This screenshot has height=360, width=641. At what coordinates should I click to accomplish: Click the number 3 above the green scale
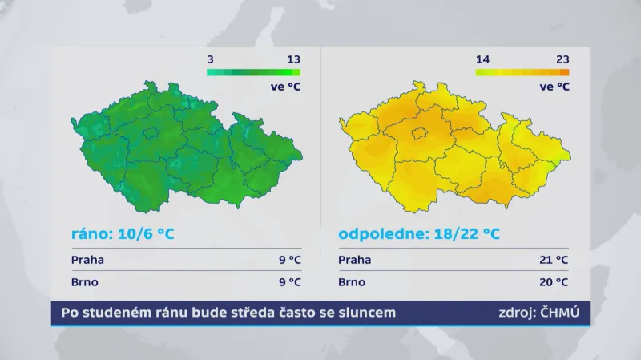pos(210,59)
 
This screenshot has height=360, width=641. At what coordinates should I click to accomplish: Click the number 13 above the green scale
pos(293,59)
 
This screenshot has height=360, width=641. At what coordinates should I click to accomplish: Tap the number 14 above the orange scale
pos(482,59)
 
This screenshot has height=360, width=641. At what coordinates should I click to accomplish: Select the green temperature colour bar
pos(253,72)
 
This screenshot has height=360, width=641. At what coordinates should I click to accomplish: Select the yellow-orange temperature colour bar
pos(522,72)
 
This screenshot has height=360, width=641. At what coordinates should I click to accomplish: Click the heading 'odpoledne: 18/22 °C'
pos(419,234)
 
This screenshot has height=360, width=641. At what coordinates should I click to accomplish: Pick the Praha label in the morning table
pos(87,260)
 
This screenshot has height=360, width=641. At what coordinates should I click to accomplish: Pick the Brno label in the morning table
pos(85,282)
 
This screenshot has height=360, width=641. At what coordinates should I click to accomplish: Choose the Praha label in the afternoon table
pos(355,260)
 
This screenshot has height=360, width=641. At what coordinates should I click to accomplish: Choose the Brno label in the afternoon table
pos(353,282)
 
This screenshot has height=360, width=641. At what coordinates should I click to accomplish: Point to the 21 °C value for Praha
pos(553,260)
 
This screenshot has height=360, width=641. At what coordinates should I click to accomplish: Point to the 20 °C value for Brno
pos(553,282)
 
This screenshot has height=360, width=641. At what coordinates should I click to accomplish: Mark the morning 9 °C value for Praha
pos(289,260)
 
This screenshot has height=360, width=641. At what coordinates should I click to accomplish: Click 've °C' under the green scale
pos(285,87)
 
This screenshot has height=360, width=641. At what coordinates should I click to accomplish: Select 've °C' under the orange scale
pos(554,87)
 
